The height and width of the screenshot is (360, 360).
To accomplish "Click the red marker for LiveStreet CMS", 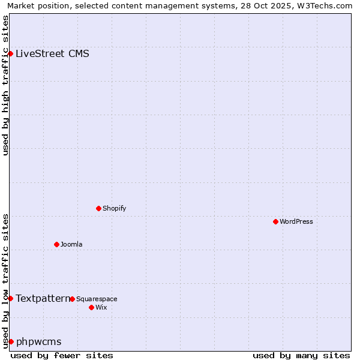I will click(11, 53).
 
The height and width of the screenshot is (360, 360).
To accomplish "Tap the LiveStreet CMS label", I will click(52, 53).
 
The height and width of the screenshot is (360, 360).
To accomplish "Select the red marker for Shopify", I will click(99, 208).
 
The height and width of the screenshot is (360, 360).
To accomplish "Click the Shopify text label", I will click(114, 208).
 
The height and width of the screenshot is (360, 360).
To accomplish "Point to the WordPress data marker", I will click(275, 221).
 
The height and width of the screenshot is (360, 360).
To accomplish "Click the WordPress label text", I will click(296, 221).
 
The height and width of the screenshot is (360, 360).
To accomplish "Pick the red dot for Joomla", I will click(57, 244).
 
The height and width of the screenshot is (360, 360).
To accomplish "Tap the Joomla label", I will click(71, 244).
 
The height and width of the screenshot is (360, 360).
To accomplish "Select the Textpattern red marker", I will click(11, 298).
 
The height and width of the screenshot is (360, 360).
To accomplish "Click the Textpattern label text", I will click(42, 298).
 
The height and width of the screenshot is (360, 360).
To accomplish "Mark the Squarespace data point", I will click(72, 299).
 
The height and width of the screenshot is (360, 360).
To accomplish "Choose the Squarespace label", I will click(97, 299).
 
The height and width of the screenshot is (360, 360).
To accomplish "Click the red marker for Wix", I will click(91, 307).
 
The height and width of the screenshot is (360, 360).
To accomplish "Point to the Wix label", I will click(101, 307).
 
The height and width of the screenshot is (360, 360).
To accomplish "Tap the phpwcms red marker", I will click(11, 341).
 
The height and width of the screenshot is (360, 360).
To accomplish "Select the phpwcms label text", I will click(38, 341).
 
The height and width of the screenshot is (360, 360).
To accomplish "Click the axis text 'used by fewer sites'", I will click(62, 355).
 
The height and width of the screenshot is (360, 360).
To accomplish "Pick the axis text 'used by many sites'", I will click(301, 355).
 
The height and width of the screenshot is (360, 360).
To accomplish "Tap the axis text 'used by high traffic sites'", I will click(5, 85).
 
